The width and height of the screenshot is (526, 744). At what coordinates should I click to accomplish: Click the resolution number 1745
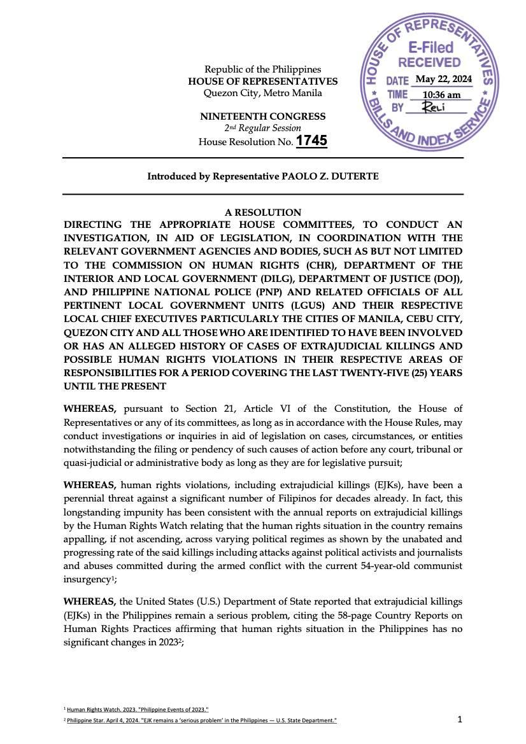coord(311,141)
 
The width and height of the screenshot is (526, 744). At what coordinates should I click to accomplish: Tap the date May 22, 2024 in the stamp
coord(443,80)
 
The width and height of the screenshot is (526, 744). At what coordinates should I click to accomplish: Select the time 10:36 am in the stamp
coord(442,95)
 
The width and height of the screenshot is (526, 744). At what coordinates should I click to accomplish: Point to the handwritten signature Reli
coord(434,107)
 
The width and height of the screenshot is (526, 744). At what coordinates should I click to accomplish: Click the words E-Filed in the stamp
coord(430,48)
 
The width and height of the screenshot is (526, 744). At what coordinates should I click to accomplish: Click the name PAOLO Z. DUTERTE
coord(330,176)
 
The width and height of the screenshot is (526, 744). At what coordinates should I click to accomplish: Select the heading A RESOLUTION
coord(263,213)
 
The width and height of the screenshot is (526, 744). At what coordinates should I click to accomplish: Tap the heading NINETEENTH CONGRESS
coord(263,116)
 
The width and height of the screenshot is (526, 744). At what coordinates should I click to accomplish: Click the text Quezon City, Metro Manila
coord(263,93)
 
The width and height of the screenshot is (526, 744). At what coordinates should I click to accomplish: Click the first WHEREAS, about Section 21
coord(90,409)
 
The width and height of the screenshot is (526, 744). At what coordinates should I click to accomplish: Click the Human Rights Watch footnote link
coord(138,709)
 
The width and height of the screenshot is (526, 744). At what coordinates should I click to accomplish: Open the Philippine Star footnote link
coord(201,720)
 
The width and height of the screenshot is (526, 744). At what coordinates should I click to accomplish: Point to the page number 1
coord(460,719)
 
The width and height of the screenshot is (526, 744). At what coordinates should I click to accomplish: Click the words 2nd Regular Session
coord(263,129)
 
